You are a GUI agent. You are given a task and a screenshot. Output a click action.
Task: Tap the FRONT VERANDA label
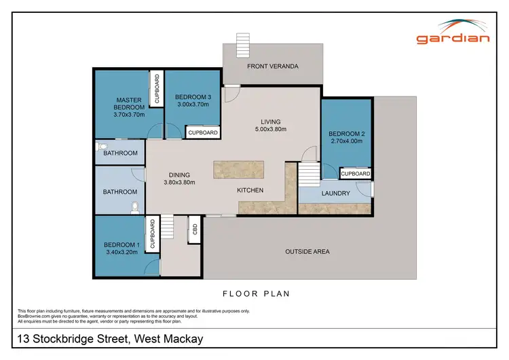pyautogui.click(x=273, y=66)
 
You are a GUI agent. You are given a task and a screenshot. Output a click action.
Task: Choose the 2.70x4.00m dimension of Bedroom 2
pyautogui.click(x=346, y=141)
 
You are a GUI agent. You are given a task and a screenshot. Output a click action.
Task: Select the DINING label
pyautogui.click(x=179, y=175)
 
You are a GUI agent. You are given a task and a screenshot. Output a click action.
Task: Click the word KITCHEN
pyautogui.click(x=250, y=190)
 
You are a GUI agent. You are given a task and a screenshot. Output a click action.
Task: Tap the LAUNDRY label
pyautogui.click(x=336, y=194)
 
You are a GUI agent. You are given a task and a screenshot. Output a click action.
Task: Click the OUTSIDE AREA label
pyautogui.click(x=307, y=251)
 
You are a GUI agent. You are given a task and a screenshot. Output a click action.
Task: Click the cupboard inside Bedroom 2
pyautogui.click(x=356, y=174)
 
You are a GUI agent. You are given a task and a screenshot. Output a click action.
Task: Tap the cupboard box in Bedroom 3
pyautogui.click(x=202, y=132)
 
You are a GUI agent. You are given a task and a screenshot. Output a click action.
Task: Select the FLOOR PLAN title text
pyautogui.click(x=256, y=294)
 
